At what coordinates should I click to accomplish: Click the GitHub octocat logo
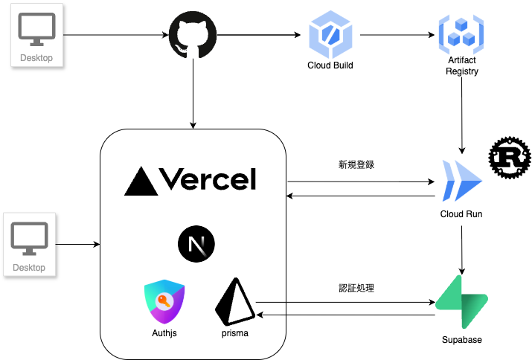(x=193, y=35)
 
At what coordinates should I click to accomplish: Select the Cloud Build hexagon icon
(x=329, y=34)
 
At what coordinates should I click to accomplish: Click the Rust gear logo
(x=510, y=158)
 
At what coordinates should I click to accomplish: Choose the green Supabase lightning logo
(x=461, y=302)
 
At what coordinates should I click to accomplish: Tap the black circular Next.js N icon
(x=196, y=244)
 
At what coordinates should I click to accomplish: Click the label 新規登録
(x=356, y=164)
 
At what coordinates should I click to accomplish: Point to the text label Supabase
(x=461, y=340)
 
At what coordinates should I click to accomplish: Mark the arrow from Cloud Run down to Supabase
(x=462, y=249)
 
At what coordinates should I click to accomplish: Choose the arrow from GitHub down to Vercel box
(x=193, y=93)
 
